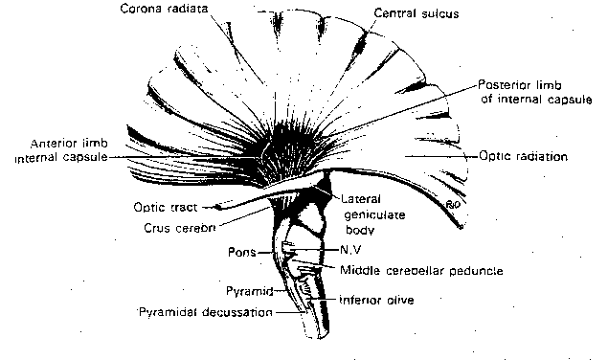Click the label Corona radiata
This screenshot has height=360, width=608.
165,10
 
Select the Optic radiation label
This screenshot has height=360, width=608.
523,155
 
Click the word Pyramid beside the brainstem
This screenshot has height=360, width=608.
244,289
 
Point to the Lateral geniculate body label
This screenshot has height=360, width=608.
370,213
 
